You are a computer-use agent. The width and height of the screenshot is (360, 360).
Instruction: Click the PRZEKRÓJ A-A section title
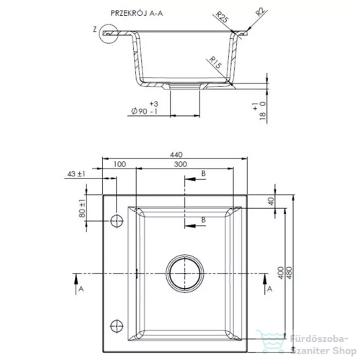pyautogui.click(x=137, y=13)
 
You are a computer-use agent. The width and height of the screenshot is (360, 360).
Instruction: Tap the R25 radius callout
pyautogui.click(x=222, y=17)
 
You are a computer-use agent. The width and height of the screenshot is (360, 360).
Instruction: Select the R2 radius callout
pyautogui.click(x=261, y=12)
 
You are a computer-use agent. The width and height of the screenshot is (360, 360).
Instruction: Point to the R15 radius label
pyautogui.click(x=215, y=63)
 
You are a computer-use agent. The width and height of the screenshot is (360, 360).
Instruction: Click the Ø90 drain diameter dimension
pyautogui.click(x=145, y=108)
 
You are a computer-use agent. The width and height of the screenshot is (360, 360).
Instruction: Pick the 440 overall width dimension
pyautogui.click(x=176, y=155)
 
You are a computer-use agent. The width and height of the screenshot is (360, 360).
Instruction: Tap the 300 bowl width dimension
pyautogui.click(x=181, y=164)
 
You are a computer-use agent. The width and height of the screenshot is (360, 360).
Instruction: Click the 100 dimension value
pyautogui.click(x=120, y=164)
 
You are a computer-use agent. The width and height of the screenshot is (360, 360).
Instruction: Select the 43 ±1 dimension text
pyautogui.click(x=76, y=174)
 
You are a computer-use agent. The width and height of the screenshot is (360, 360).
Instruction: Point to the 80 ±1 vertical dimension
pyautogui.click(x=82, y=208)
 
